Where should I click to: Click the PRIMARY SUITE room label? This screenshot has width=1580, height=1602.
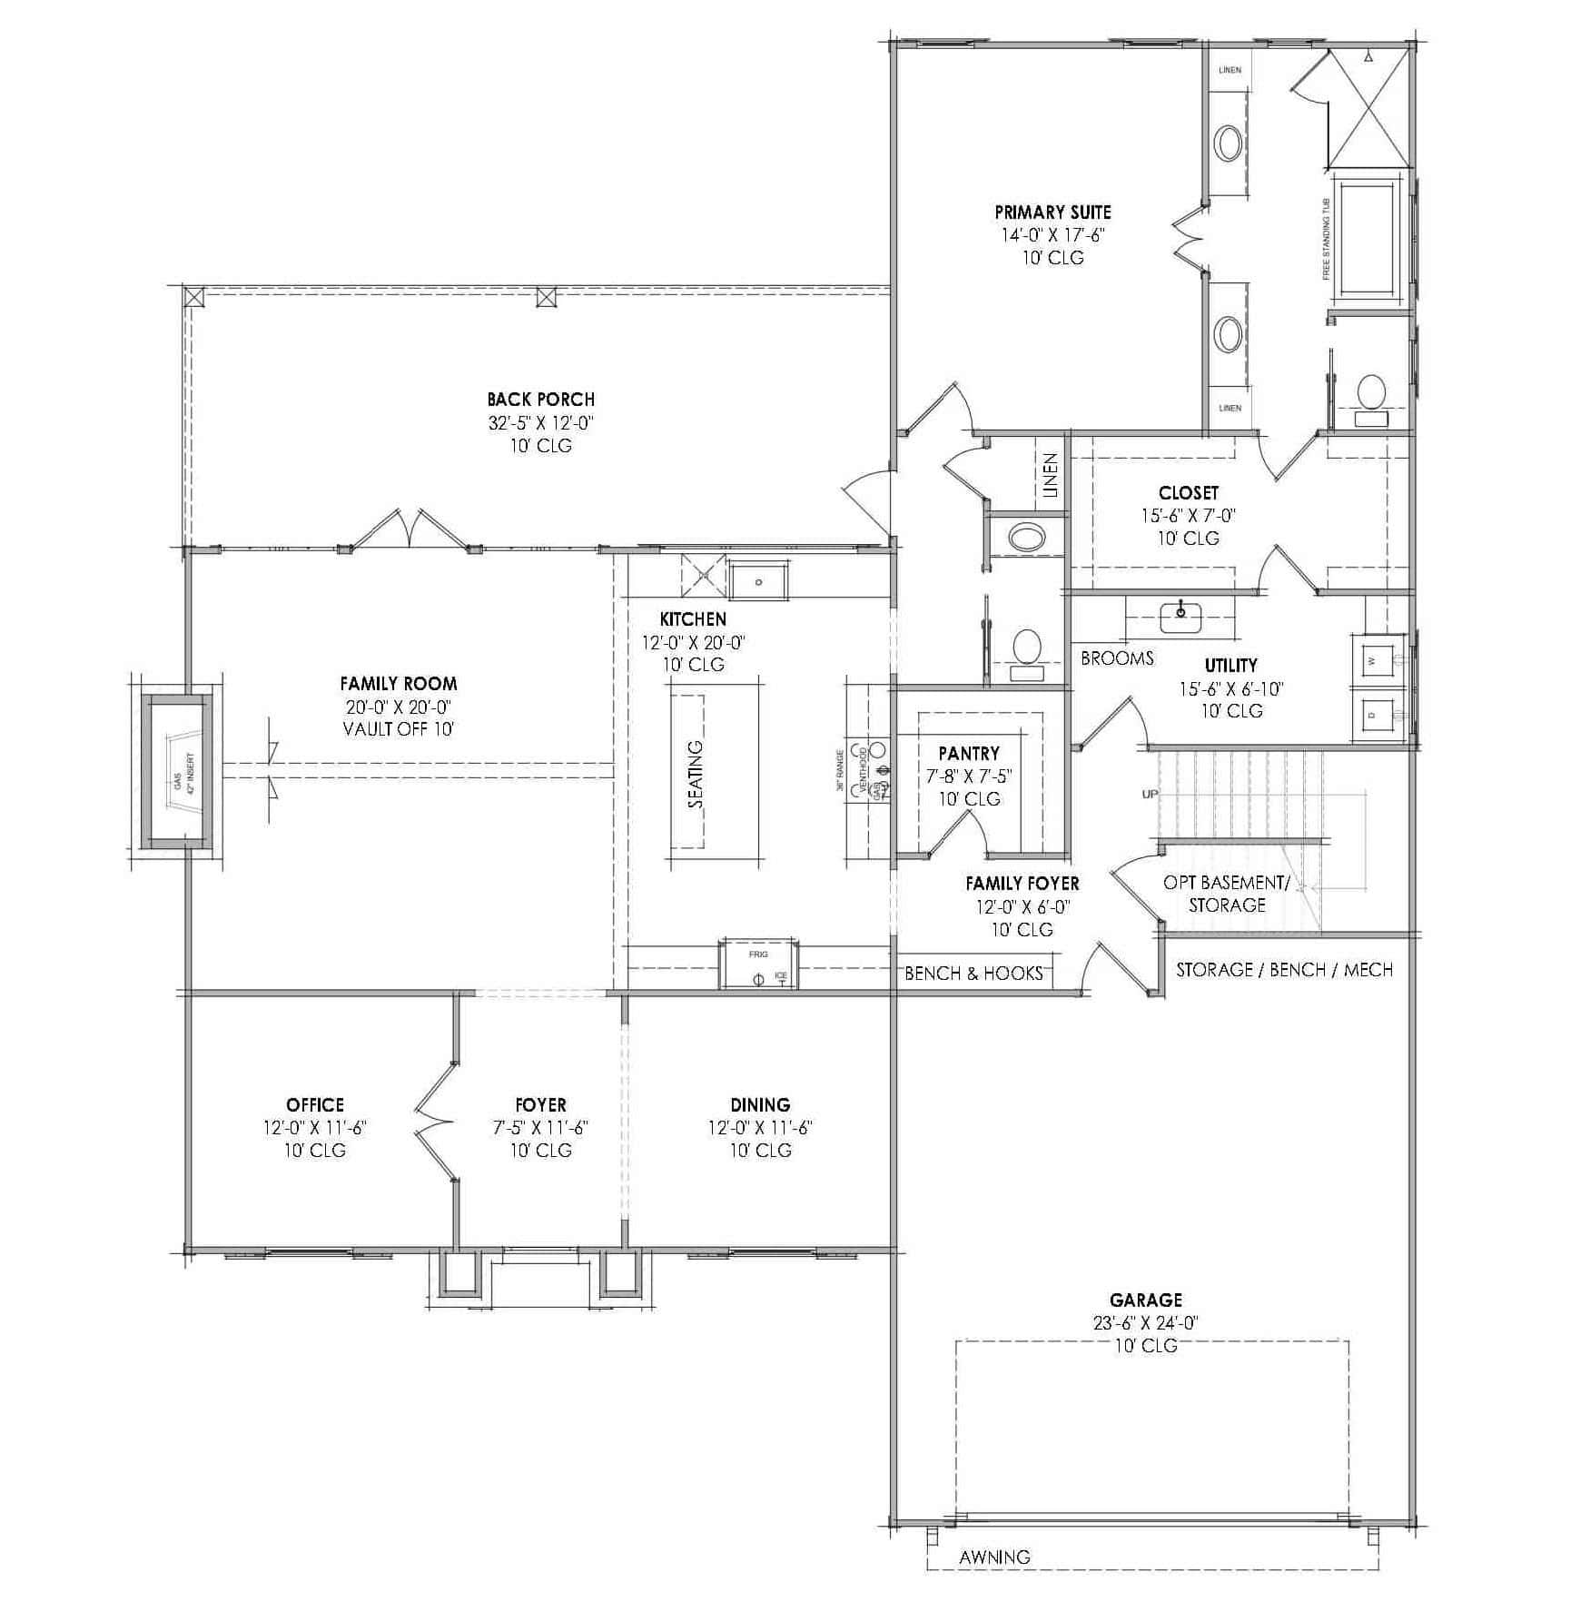(1052, 213)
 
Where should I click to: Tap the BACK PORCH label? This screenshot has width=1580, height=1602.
(540, 400)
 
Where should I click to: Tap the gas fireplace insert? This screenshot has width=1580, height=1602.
(181, 772)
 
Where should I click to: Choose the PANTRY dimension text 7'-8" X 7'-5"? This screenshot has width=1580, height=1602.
(969, 776)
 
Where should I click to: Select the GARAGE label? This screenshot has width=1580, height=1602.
(1145, 1300)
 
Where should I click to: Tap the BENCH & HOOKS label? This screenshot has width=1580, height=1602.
(973, 974)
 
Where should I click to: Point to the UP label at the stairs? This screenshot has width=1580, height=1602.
(1150, 795)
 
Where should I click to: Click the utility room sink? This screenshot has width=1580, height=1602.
(1180, 618)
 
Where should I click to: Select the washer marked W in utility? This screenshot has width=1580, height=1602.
(1373, 661)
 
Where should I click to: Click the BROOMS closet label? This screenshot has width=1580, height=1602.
(1117, 658)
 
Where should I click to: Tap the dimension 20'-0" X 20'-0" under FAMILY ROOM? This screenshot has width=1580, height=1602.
(398, 707)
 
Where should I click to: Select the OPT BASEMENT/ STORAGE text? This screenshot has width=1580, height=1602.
(1226, 894)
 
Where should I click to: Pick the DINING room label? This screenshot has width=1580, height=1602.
(760, 1105)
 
